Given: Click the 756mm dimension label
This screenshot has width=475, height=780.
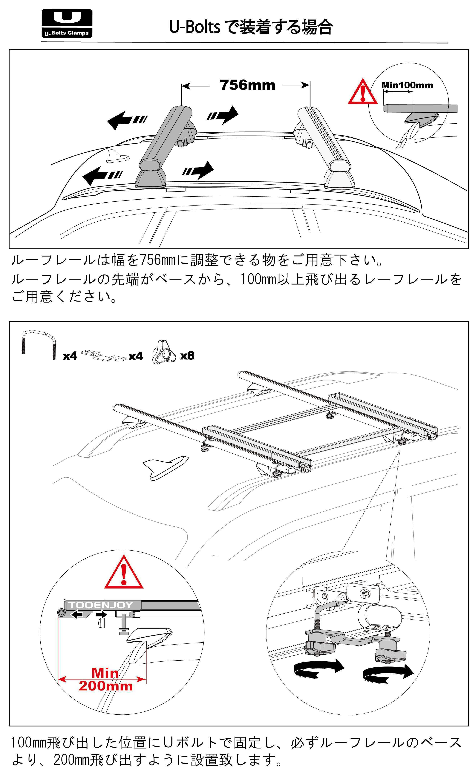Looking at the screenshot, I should coord(248,85).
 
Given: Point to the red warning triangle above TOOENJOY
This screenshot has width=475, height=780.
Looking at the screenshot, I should coord(124,573).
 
